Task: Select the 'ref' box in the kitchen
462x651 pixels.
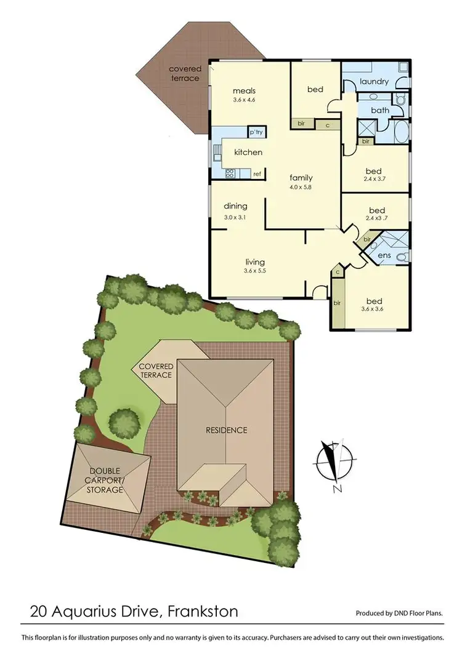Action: tap(257, 174)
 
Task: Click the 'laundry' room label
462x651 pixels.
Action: tap(374, 81)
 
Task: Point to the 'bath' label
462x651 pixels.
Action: tap(379, 110)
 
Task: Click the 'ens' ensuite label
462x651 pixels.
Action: tap(384, 255)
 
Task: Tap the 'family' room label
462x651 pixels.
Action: tap(301, 178)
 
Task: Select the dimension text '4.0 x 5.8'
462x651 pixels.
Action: tap(301, 187)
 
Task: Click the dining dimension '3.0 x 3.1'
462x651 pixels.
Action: tap(235, 217)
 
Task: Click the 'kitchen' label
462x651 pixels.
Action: tap(248, 152)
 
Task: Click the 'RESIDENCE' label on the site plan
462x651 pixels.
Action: tap(226, 429)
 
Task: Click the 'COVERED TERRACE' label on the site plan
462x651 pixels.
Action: tap(156, 370)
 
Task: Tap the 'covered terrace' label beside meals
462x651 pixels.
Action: tap(185, 73)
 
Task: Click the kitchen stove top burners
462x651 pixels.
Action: tap(230, 174)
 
